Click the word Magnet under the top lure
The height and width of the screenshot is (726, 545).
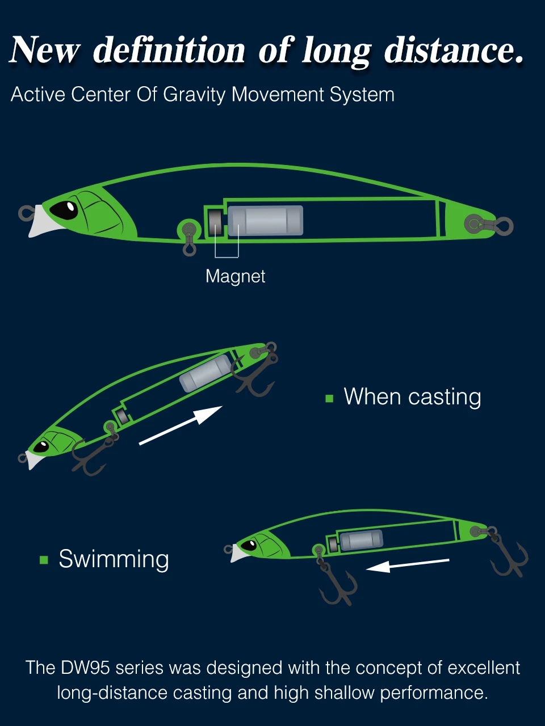235,276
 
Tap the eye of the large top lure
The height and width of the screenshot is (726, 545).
64,209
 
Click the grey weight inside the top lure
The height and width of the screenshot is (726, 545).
266,221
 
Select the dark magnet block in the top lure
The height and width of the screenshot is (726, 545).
215,221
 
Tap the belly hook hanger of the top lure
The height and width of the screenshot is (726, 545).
189,238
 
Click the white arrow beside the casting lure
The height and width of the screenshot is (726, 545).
181,425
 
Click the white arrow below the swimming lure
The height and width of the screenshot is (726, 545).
408,565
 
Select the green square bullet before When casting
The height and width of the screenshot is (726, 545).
329,398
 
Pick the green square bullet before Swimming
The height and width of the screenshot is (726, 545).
44,560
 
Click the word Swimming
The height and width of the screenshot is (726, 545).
114,560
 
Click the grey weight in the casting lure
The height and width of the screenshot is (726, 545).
206,373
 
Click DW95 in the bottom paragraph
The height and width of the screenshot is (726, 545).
85,668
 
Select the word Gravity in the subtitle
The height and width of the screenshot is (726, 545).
194,95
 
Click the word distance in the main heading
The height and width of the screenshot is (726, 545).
454,50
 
